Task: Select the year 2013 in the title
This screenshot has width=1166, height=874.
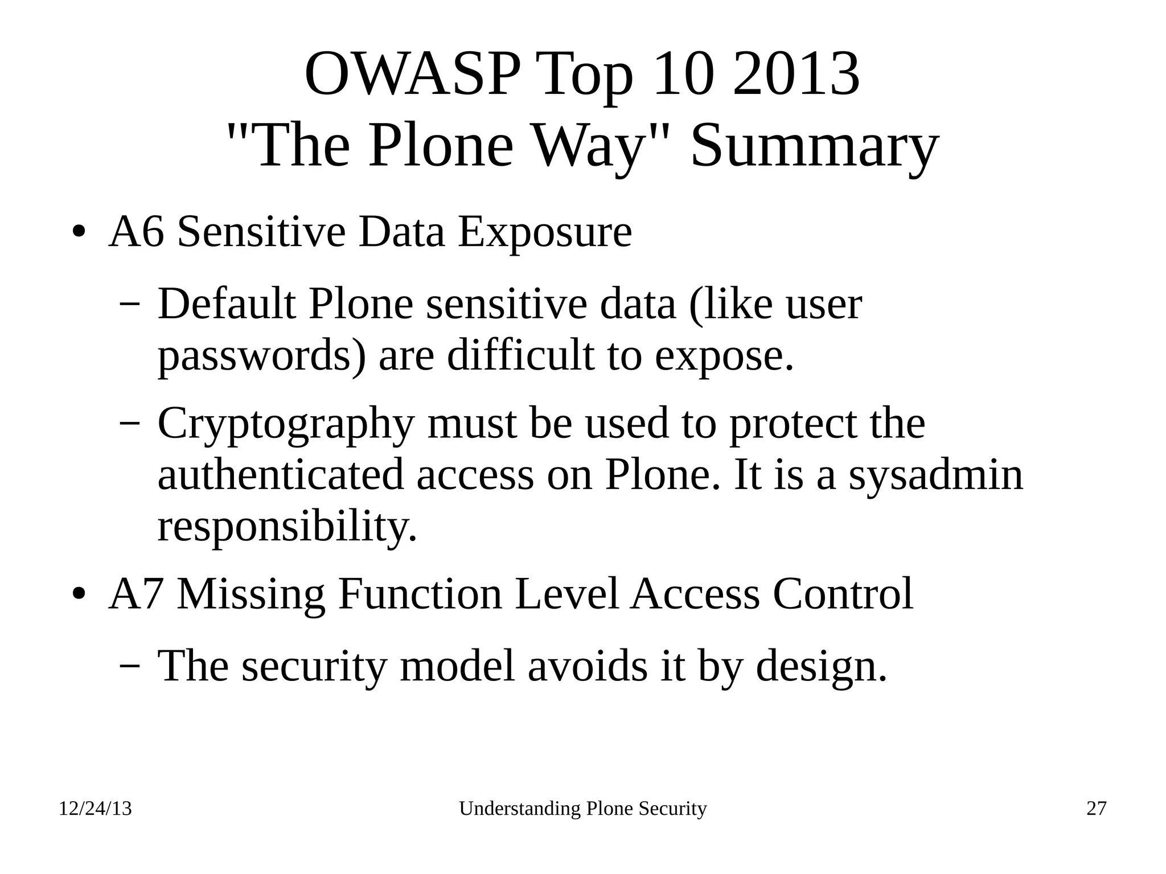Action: [x=795, y=75]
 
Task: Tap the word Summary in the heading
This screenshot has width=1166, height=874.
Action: [x=814, y=146]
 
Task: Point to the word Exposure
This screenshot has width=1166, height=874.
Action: [x=545, y=233]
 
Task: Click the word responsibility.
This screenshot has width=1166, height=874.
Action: [x=287, y=527]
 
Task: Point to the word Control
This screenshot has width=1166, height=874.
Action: [x=842, y=594]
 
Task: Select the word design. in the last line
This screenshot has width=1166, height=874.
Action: [x=821, y=666]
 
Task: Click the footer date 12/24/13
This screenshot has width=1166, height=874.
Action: [x=95, y=809]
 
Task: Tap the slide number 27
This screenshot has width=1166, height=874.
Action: [x=1096, y=809]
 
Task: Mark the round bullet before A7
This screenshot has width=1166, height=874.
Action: [x=79, y=596]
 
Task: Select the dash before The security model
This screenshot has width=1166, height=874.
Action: [x=130, y=666]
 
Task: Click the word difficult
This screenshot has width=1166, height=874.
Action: [x=520, y=355]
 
